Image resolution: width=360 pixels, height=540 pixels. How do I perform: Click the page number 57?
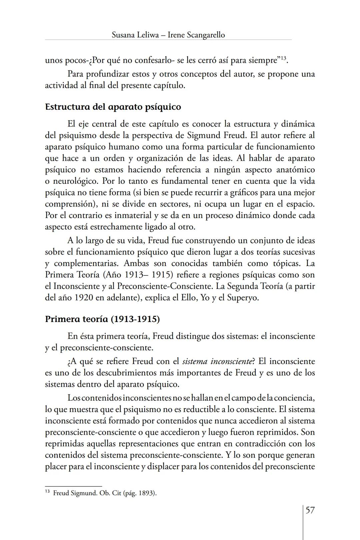(x=310, y=510)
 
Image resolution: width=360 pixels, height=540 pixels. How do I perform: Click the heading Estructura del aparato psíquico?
(x=113, y=107)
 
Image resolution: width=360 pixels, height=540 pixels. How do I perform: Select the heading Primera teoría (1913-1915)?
(x=102, y=319)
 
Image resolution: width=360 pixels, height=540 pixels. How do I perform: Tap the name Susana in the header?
(x=124, y=35)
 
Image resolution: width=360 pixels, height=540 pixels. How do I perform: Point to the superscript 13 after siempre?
(x=283, y=59)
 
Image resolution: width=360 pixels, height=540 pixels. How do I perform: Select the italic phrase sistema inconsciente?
(x=217, y=361)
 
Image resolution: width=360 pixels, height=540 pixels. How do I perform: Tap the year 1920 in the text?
(x=84, y=297)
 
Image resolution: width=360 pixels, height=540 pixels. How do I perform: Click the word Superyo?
(x=242, y=297)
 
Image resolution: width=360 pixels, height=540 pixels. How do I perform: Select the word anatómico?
(x=295, y=170)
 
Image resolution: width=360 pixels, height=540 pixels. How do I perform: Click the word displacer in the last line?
(x=162, y=466)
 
